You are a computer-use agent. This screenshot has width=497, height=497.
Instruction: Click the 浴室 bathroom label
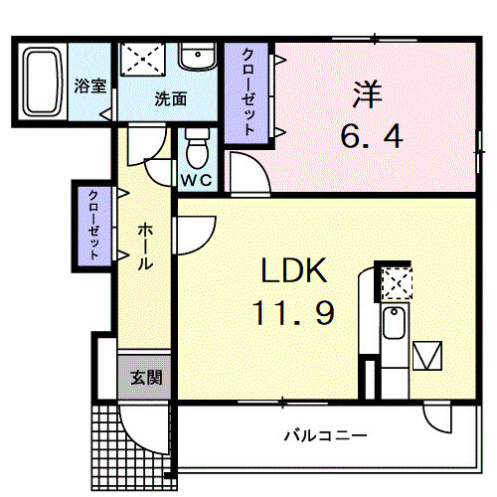tap(90, 86)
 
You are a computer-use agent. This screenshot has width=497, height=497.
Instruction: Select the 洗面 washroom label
tap(170, 99)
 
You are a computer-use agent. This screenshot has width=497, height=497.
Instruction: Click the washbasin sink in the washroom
tap(197, 58)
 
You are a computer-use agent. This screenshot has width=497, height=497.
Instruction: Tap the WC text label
tap(196, 181)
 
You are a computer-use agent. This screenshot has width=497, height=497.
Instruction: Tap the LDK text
tap(294, 270)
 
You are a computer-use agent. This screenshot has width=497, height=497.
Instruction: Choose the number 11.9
tap(294, 314)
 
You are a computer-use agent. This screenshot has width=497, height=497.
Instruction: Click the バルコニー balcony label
tap(325, 435)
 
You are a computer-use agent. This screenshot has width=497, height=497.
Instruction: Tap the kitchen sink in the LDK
tap(395, 324)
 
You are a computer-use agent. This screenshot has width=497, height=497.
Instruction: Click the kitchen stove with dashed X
tap(395, 283)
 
